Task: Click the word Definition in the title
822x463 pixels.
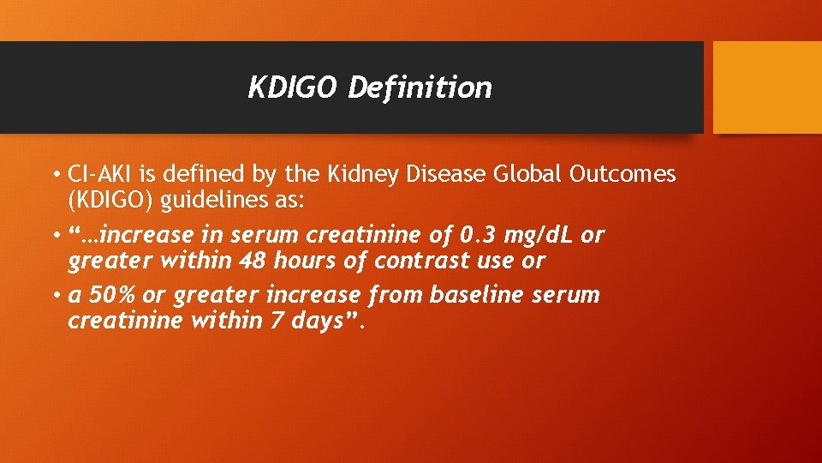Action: point(420,87)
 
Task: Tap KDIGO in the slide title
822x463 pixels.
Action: point(294,87)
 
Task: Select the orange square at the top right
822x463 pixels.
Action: point(767,87)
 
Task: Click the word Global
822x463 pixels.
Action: point(526,175)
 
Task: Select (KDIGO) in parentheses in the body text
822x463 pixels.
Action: point(110,200)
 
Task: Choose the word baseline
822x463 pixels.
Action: point(477,295)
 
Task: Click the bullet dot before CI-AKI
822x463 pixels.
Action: point(54,176)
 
